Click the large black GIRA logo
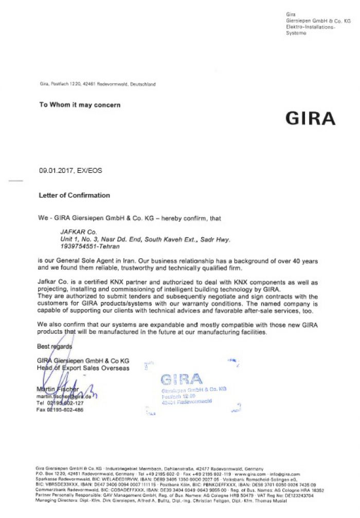pyautogui.click(x=310, y=118)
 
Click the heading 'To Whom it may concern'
pyautogui.click(x=80, y=105)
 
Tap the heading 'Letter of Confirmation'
pyautogui.click(x=74, y=195)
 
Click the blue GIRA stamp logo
pyautogui.click(x=181, y=380)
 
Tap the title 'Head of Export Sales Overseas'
pyautogui.click(x=83, y=368)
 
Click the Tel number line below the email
pyautogui.click(x=60, y=403)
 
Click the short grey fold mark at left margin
pyautogui.click(x=16, y=181)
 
